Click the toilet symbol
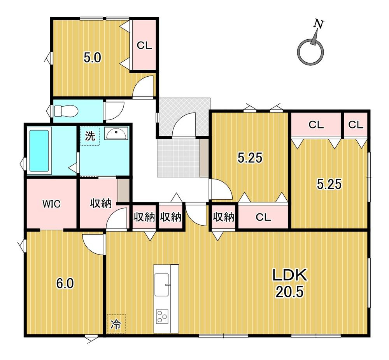pos(66,111)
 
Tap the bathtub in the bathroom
pos(39,151)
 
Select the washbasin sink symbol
pos(116,133)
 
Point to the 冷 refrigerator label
pos(116,324)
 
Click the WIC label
pos(51,204)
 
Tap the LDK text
pos(290,275)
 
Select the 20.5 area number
pos(289,292)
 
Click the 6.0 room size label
pos(65,283)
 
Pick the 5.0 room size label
pos(92,58)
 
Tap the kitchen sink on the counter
pos(162,284)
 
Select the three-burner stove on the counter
pos(162,316)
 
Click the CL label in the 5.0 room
pos(144,46)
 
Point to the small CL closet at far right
pos(356,125)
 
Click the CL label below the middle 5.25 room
pos(263,218)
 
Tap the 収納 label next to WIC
pos(101,204)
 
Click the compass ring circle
pos(310,52)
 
